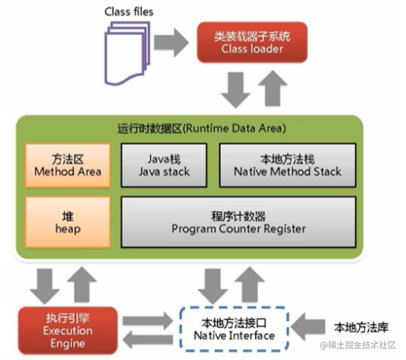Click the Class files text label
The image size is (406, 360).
(x=129, y=11)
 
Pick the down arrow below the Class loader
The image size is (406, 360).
(x=236, y=89)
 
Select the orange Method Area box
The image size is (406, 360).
(x=67, y=165)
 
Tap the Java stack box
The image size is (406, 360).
(x=164, y=165)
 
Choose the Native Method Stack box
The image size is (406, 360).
(x=287, y=165)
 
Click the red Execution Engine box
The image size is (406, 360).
(x=67, y=331)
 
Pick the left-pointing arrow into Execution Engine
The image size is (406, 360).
(x=147, y=340)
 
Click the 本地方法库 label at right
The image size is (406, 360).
(x=361, y=328)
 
